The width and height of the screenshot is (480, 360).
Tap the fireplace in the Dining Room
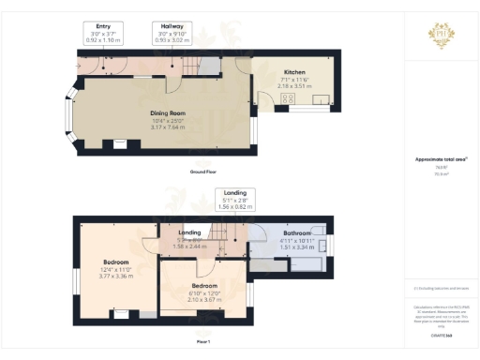pyautogui.click(x=118, y=144)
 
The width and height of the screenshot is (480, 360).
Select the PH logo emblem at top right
pyautogui.click(x=441, y=34)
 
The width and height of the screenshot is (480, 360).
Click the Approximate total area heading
pyautogui.click(x=441, y=159)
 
